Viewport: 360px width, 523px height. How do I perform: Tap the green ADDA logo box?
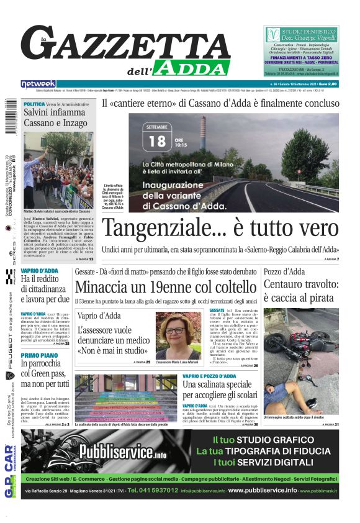pyautogui.click(x=192, y=68)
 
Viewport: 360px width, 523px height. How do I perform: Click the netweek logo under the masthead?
pyautogui.click(x=38, y=83)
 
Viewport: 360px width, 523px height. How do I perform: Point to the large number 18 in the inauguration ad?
pyautogui.click(x=158, y=141)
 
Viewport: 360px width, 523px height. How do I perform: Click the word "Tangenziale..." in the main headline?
pyautogui.click(x=164, y=227)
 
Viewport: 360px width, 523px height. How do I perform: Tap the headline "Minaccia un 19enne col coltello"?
pyautogui.click(x=165, y=287)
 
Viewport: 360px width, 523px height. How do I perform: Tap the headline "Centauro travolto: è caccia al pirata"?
pyautogui.click(x=300, y=291)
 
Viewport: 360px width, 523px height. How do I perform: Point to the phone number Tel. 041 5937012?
pyautogui.click(x=153, y=491)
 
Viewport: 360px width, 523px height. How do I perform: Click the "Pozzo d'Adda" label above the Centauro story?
pyautogui.click(x=284, y=271)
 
